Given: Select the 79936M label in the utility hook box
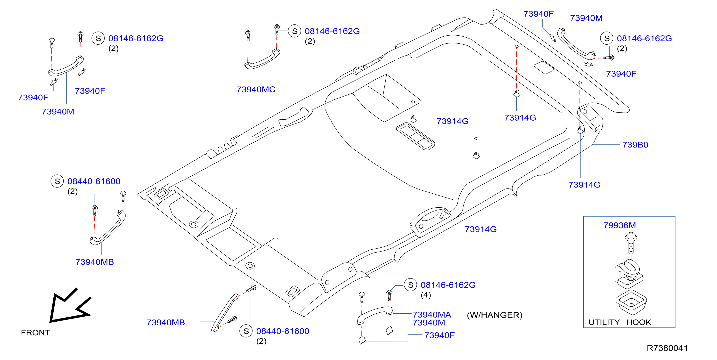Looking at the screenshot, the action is (x=619, y=225).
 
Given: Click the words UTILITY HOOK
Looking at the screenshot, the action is (x=619, y=322).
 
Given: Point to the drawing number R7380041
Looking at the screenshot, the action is (x=667, y=348).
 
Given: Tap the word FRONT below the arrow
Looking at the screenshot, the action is (x=35, y=333).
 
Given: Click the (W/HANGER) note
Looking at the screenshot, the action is (x=495, y=315).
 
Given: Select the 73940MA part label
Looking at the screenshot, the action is (x=432, y=315).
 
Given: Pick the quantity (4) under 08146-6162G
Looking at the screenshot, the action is (x=426, y=295).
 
